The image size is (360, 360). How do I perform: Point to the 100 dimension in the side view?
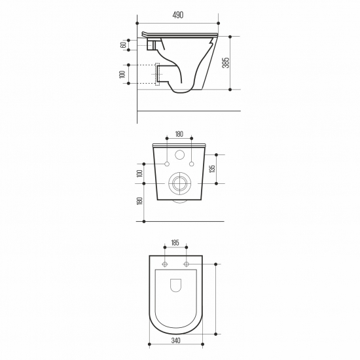point(122,75)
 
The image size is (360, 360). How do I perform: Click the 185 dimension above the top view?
point(175,243)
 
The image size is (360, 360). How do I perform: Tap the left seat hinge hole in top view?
point(166,264)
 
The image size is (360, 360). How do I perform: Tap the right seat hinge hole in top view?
point(187,264)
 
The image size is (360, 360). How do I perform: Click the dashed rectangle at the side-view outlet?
point(157,75)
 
